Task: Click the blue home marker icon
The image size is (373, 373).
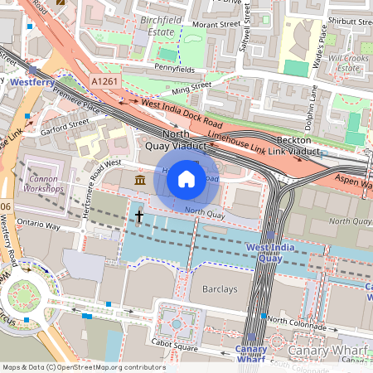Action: [186, 178]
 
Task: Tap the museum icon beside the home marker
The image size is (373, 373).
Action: [139, 180]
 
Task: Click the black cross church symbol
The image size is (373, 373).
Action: [139, 217]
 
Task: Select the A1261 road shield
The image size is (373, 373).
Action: [104, 81]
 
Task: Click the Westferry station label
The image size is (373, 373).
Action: [32, 83]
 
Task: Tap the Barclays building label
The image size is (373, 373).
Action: [220, 290]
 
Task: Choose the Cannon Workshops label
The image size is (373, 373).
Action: [46, 183]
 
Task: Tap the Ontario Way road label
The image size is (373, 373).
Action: [40, 225]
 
